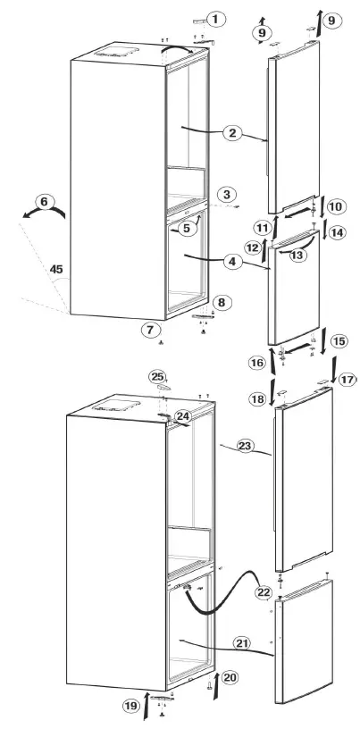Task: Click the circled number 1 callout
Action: click(x=217, y=18)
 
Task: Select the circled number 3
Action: click(x=229, y=194)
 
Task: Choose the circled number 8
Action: click(x=221, y=302)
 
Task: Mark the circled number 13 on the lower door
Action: click(x=297, y=252)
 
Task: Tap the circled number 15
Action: click(x=339, y=340)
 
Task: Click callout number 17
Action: click(x=347, y=379)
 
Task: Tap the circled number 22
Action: click(x=263, y=592)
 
